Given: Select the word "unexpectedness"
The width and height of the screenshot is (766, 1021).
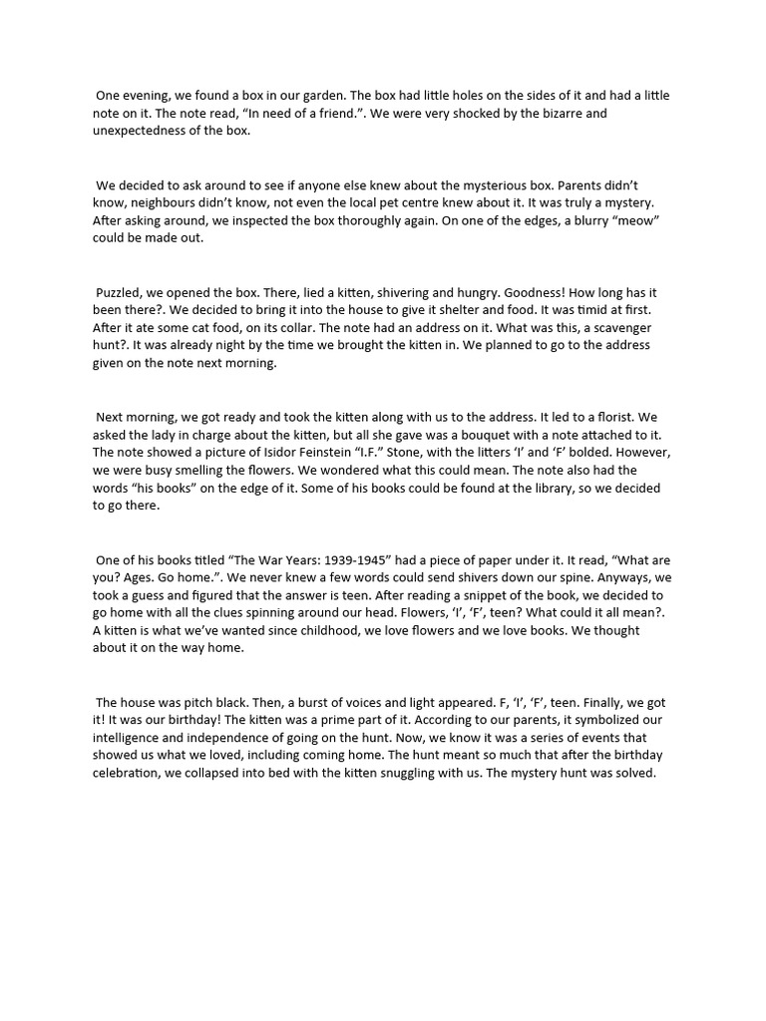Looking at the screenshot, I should pyautogui.click(x=143, y=131).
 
